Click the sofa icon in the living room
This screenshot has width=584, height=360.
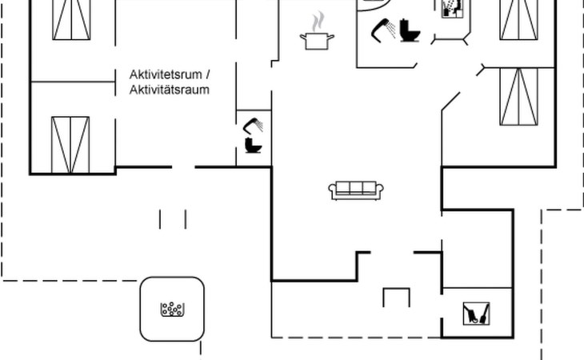[356, 190]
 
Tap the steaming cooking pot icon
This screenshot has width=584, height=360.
[317, 36]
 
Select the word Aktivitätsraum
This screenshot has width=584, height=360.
[170, 90]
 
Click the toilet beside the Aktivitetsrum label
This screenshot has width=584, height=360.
[254, 146]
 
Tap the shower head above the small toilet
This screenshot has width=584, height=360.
[254, 126]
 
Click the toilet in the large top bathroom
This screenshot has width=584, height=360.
[411, 31]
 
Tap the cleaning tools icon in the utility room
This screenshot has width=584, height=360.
[477, 313]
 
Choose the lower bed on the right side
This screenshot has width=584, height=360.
[519, 96]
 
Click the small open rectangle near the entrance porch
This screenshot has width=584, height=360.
[396, 297]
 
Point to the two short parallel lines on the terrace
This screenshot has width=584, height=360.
[173, 218]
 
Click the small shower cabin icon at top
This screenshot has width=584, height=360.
[451, 8]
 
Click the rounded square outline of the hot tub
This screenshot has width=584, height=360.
[142, 309]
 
